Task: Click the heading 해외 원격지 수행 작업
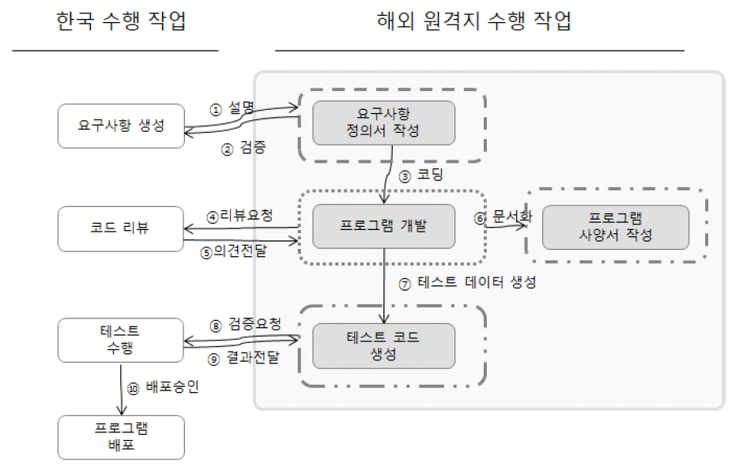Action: pos(474,21)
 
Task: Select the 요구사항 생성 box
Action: pos(121,125)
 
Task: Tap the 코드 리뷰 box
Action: pos(121,229)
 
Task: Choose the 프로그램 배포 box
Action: pos(121,437)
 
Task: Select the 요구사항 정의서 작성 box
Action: pos(383,123)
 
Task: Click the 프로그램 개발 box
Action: pos(383,228)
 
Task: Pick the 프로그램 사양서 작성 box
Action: pos(615,227)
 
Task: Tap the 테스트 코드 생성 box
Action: pos(383,345)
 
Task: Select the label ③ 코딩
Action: pos(419,175)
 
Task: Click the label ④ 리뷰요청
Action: pos(240,215)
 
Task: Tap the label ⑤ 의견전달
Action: pos(240,254)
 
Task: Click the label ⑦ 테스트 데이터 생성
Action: pos(467,283)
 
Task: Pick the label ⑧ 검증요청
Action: pos(245,324)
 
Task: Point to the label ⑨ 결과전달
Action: pos(245,358)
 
